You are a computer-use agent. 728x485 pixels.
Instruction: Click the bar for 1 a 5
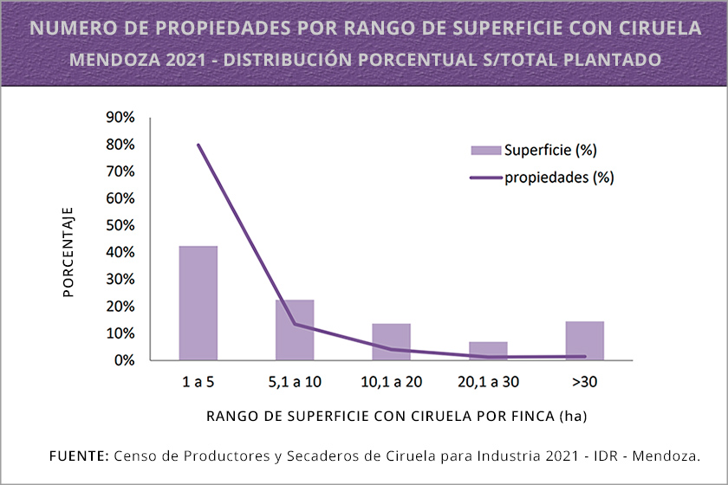[x=198, y=303]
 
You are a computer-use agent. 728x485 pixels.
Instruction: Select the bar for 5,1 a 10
[x=295, y=330]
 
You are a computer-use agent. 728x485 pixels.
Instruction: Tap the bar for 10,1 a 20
[x=391, y=341]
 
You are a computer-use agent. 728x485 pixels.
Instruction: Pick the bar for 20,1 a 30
[x=488, y=351]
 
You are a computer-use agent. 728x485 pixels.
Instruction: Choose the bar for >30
[x=584, y=340]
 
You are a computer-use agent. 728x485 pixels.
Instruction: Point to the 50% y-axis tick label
[x=120, y=225]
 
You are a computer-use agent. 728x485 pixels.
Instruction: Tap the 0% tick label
[x=123, y=360]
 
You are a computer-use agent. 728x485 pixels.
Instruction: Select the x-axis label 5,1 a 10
[x=295, y=382]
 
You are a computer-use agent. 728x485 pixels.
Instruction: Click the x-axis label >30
[x=584, y=382]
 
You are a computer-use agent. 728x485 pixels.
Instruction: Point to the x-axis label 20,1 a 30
[x=488, y=382]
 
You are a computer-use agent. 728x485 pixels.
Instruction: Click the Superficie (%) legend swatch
[x=486, y=151]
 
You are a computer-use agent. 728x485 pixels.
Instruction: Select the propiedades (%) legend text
[x=559, y=178]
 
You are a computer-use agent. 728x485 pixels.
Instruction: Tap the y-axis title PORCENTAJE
[x=69, y=252]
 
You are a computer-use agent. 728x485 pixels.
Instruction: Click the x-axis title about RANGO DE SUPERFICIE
[x=397, y=417]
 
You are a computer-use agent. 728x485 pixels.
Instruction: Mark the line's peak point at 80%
[x=198, y=145]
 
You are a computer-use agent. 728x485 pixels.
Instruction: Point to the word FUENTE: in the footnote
[x=79, y=456]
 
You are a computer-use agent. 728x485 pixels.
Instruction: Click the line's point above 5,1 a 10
[x=295, y=324]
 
